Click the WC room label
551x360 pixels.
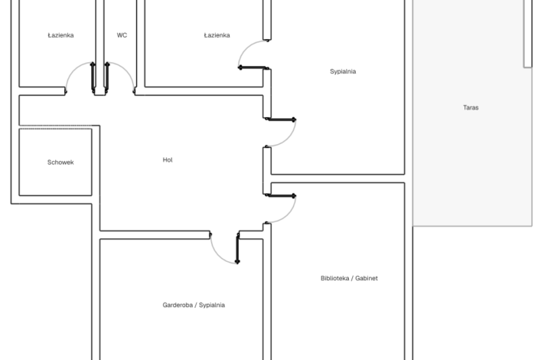(122, 35)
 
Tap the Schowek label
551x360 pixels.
(60, 162)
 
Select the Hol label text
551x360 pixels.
(168, 160)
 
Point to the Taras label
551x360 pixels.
(471, 107)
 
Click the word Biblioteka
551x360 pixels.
(334, 278)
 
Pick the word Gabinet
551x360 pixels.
(367, 278)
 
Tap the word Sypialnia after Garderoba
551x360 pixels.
(212, 305)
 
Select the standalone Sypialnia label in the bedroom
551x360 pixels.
(343, 71)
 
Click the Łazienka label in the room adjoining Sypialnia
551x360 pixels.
(217, 35)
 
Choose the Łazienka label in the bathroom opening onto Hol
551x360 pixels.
(60, 35)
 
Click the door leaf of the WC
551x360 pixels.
(107, 78)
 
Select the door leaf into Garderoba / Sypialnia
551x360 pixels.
(237, 247)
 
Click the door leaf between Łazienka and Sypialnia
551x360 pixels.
(253, 67)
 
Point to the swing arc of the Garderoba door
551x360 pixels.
(218, 255)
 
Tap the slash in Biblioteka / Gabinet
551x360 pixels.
(352, 278)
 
